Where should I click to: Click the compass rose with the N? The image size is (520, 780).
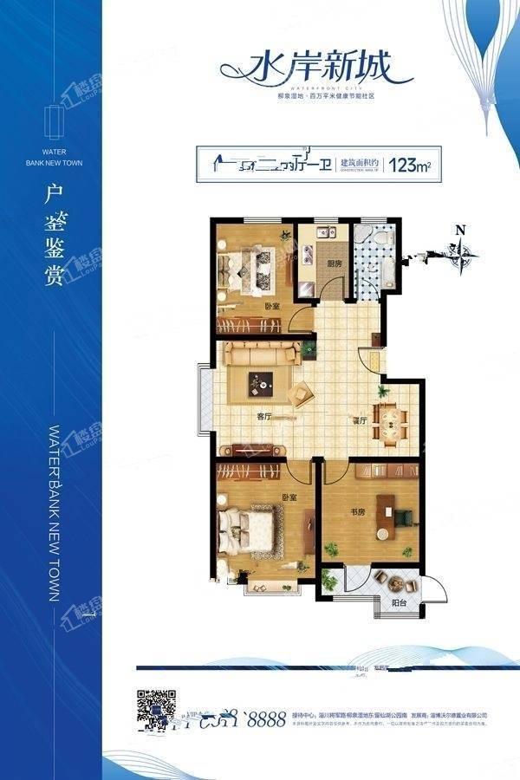tap(461, 250)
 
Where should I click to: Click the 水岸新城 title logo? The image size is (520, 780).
tap(306, 68)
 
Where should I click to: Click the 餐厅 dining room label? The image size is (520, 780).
tap(361, 419)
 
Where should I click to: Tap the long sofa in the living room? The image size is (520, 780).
tap(263, 353)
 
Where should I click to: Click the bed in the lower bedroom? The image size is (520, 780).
tap(250, 530)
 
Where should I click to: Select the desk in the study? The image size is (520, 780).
tap(400, 511)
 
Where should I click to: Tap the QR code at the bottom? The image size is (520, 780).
tap(157, 708)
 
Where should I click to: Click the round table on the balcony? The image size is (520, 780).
tap(397, 582)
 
